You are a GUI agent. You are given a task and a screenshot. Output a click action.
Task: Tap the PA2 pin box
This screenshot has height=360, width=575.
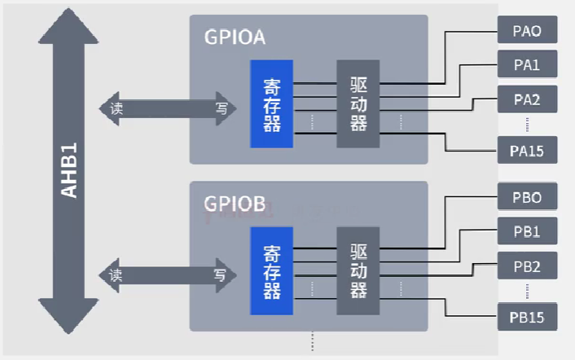click(x=527, y=99)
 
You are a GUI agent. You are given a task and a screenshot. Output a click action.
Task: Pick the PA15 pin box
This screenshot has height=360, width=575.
click(x=527, y=151)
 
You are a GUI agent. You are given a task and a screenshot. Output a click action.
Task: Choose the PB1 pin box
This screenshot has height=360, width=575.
click(x=527, y=232)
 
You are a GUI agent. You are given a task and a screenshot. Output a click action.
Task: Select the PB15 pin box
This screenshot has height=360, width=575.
click(x=527, y=317)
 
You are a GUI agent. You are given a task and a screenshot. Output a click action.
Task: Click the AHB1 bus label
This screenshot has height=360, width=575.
click(x=70, y=170)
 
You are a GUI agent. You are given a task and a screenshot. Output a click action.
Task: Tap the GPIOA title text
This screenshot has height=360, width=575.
click(x=235, y=37)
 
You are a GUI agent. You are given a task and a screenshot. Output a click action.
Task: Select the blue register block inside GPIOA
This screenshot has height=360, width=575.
click(x=272, y=104)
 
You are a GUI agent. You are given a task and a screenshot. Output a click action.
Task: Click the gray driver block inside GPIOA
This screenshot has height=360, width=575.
click(x=358, y=104)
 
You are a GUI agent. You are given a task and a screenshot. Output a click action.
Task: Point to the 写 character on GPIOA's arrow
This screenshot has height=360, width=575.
click(x=221, y=108)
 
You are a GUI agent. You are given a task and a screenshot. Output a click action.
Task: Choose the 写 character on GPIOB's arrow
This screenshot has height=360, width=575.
click(x=221, y=274)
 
